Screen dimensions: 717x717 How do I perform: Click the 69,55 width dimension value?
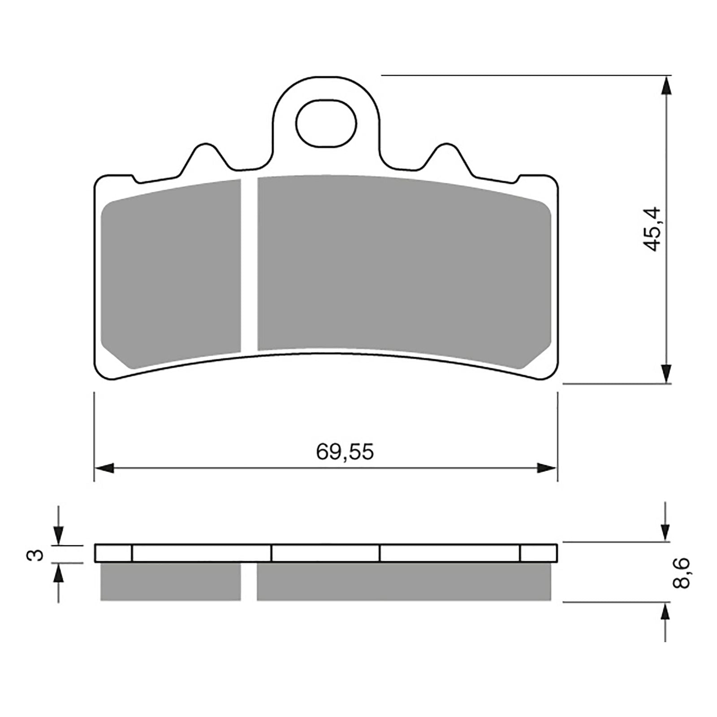tap(344, 452)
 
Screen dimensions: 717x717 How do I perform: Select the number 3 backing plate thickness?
tap(38, 554)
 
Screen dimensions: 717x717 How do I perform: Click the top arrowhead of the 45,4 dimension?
tap(667, 86)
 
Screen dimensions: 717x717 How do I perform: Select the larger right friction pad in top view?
tap(403, 264)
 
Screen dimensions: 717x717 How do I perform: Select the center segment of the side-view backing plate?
tap(325, 553)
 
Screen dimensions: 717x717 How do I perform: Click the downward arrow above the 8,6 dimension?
tap(667, 531)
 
